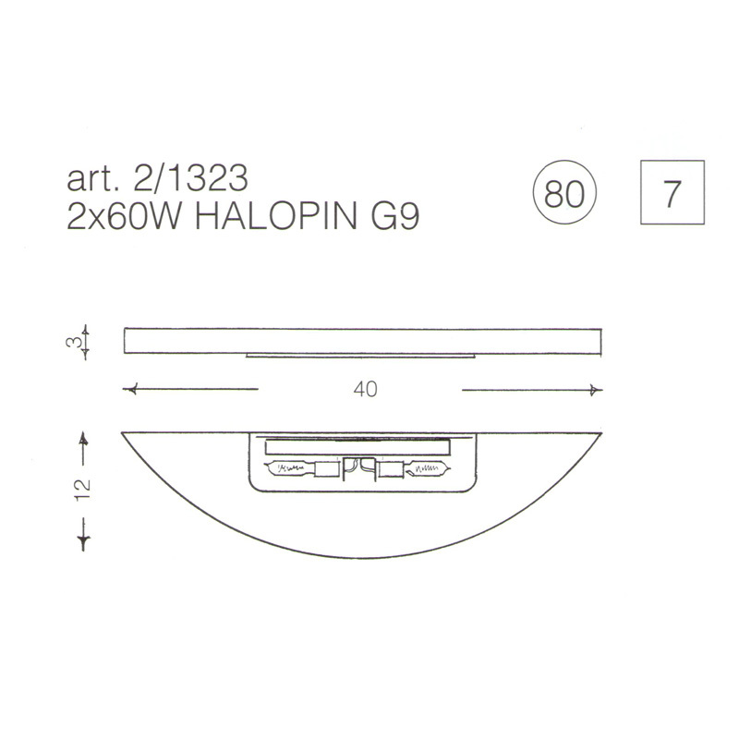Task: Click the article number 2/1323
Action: [x=191, y=178]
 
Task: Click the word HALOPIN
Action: [x=276, y=217]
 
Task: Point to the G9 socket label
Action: [x=395, y=217]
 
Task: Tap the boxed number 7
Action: [x=672, y=192]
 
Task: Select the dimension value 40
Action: [x=365, y=389]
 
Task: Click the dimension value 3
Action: [x=72, y=342]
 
